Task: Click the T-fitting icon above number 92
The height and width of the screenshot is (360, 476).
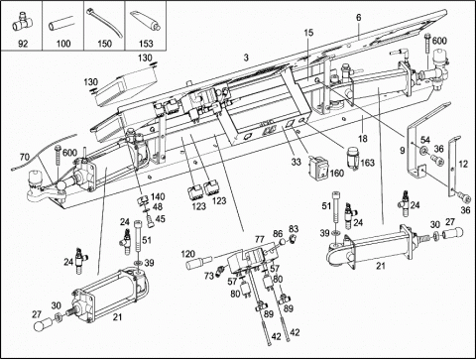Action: click(21, 23)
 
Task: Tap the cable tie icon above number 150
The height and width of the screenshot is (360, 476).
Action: click(105, 22)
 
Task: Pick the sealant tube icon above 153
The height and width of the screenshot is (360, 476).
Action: click(146, 22)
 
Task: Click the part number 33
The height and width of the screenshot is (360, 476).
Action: click(296, 162)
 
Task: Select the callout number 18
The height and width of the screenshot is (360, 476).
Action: click(363, 138)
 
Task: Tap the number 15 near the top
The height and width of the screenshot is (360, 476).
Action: click(308, 33)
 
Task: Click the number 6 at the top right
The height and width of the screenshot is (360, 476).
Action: click(359, 18)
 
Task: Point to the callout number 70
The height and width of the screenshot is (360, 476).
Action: click(25, 157)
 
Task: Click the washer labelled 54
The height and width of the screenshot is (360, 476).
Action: click(422, 151)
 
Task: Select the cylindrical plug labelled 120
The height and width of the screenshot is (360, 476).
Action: click(196, 265)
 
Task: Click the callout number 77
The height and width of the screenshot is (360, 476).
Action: click(260, 238)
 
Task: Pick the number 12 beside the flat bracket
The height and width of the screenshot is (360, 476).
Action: click(464, 164)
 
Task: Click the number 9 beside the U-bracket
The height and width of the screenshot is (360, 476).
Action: click(402, 151)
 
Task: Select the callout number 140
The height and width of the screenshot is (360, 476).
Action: click(158, 196)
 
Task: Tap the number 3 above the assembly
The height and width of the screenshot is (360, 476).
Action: click(246, 58)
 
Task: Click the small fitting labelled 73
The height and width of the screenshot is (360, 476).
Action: click(218, 271)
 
